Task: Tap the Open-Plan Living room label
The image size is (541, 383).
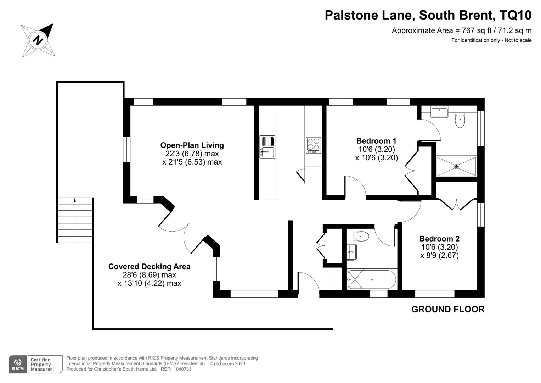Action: pyautogui.click(x=192, y=145)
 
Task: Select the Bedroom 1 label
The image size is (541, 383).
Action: pyautogui.click(x=376, y=141)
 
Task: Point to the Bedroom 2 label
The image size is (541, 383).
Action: pyautogui.click(x=439, y=239)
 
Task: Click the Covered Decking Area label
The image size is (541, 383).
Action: pyautogui.click(x=149, y=266)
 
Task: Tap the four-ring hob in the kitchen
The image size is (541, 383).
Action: pyautogui.click(x=313, y=145)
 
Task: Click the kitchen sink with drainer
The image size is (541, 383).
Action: pyautogui.click(x=267, y=147)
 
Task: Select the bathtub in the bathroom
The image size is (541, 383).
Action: pyautogui.click(x=371, y=279)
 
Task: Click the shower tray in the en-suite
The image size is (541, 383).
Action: pyautogui.click(x=456, y=166)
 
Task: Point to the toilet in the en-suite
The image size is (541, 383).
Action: pyautogui.click(x=460, y=120)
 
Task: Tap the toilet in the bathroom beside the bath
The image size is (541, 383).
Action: pyautogui.click(x=362, y=235)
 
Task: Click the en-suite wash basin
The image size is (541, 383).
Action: pyautogui.click(x=439, y=112)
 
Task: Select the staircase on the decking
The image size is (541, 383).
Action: pyautogui.click(x=75, y=220)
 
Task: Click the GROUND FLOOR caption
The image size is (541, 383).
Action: pyautogui.click(x=447, y=309)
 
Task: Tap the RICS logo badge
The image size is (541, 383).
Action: pyautogui.click(x=18, y=364)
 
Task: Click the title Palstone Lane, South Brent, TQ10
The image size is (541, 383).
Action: pyautogui.click(x=428, y=15)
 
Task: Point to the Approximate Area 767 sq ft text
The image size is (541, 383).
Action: pyautogui.click(x=461, y=30)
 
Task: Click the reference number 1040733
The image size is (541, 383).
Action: pyautogui.click(x=183, y=369)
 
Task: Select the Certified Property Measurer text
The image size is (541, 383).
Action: pyautogui.click(x=41, y=365)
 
